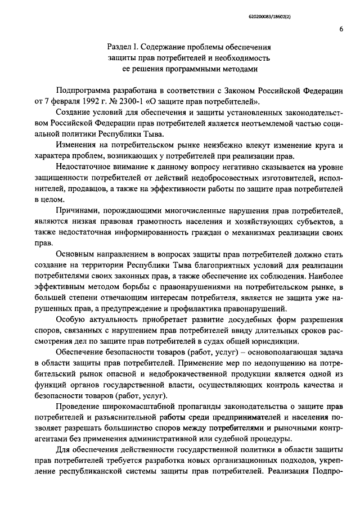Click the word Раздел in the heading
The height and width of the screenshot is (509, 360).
click(x=120, y=47)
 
